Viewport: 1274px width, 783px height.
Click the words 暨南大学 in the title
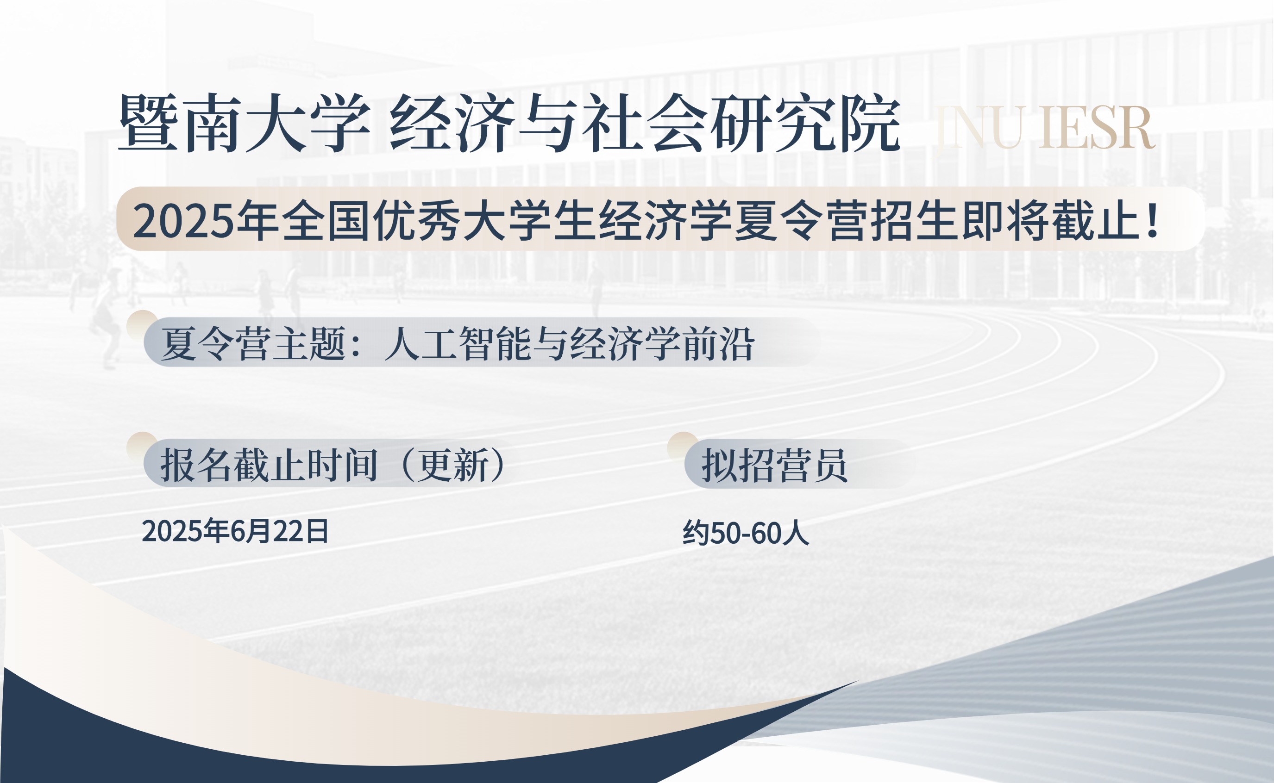click(x=244, y=123)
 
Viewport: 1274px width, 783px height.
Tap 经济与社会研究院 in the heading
click(x=645, y=123)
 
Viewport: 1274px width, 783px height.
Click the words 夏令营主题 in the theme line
click(x=253, y=343)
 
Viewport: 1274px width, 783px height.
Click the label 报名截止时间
click(x=269, y=465)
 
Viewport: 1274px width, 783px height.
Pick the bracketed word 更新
click(x=454, y=465)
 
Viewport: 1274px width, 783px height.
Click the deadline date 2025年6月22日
click(x=235, y=531)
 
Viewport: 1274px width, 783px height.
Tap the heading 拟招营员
click(x=775, y=465)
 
